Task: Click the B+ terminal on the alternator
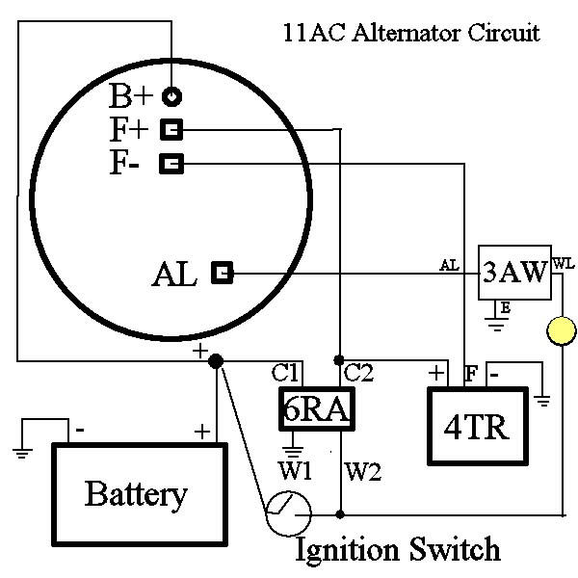171,96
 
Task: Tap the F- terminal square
171,164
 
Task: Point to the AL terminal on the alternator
223,274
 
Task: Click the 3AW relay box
514,272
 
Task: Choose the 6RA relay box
315,409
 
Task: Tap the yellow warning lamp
561,333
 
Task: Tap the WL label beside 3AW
563,260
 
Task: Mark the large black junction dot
217,361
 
